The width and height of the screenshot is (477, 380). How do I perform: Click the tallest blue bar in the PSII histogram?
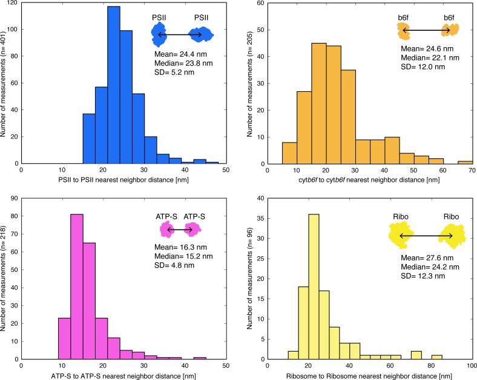(113, 85)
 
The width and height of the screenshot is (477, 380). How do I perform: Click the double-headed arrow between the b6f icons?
(426, 30)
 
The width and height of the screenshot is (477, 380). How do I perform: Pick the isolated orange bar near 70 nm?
(465, 163)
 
